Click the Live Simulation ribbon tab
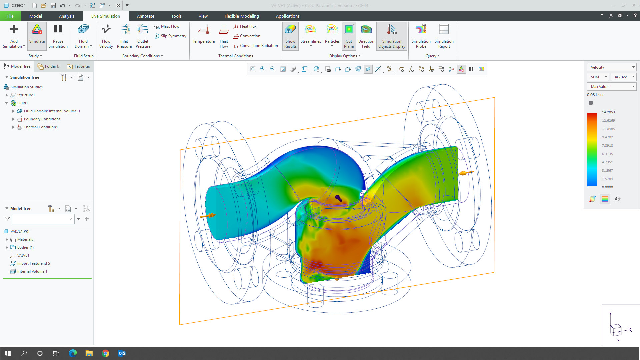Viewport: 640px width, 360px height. pos(105,16)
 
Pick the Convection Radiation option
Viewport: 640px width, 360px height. pos(256,46)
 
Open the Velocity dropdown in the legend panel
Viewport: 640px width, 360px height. pos(611,67)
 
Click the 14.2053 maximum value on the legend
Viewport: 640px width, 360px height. pos(608,112)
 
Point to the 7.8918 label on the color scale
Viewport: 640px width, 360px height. pos(607,146)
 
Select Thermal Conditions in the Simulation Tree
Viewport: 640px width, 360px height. pos(41,127)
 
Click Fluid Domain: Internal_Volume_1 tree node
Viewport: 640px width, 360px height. pos(52,111)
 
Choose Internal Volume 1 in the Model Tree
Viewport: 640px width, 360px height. pos(32,271)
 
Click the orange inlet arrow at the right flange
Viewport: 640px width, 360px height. pos(466,173)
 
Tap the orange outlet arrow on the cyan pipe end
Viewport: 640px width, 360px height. pos(208,216)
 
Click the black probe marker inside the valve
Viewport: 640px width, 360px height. pos(338,198)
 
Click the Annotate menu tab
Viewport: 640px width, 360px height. pos(145,16)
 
